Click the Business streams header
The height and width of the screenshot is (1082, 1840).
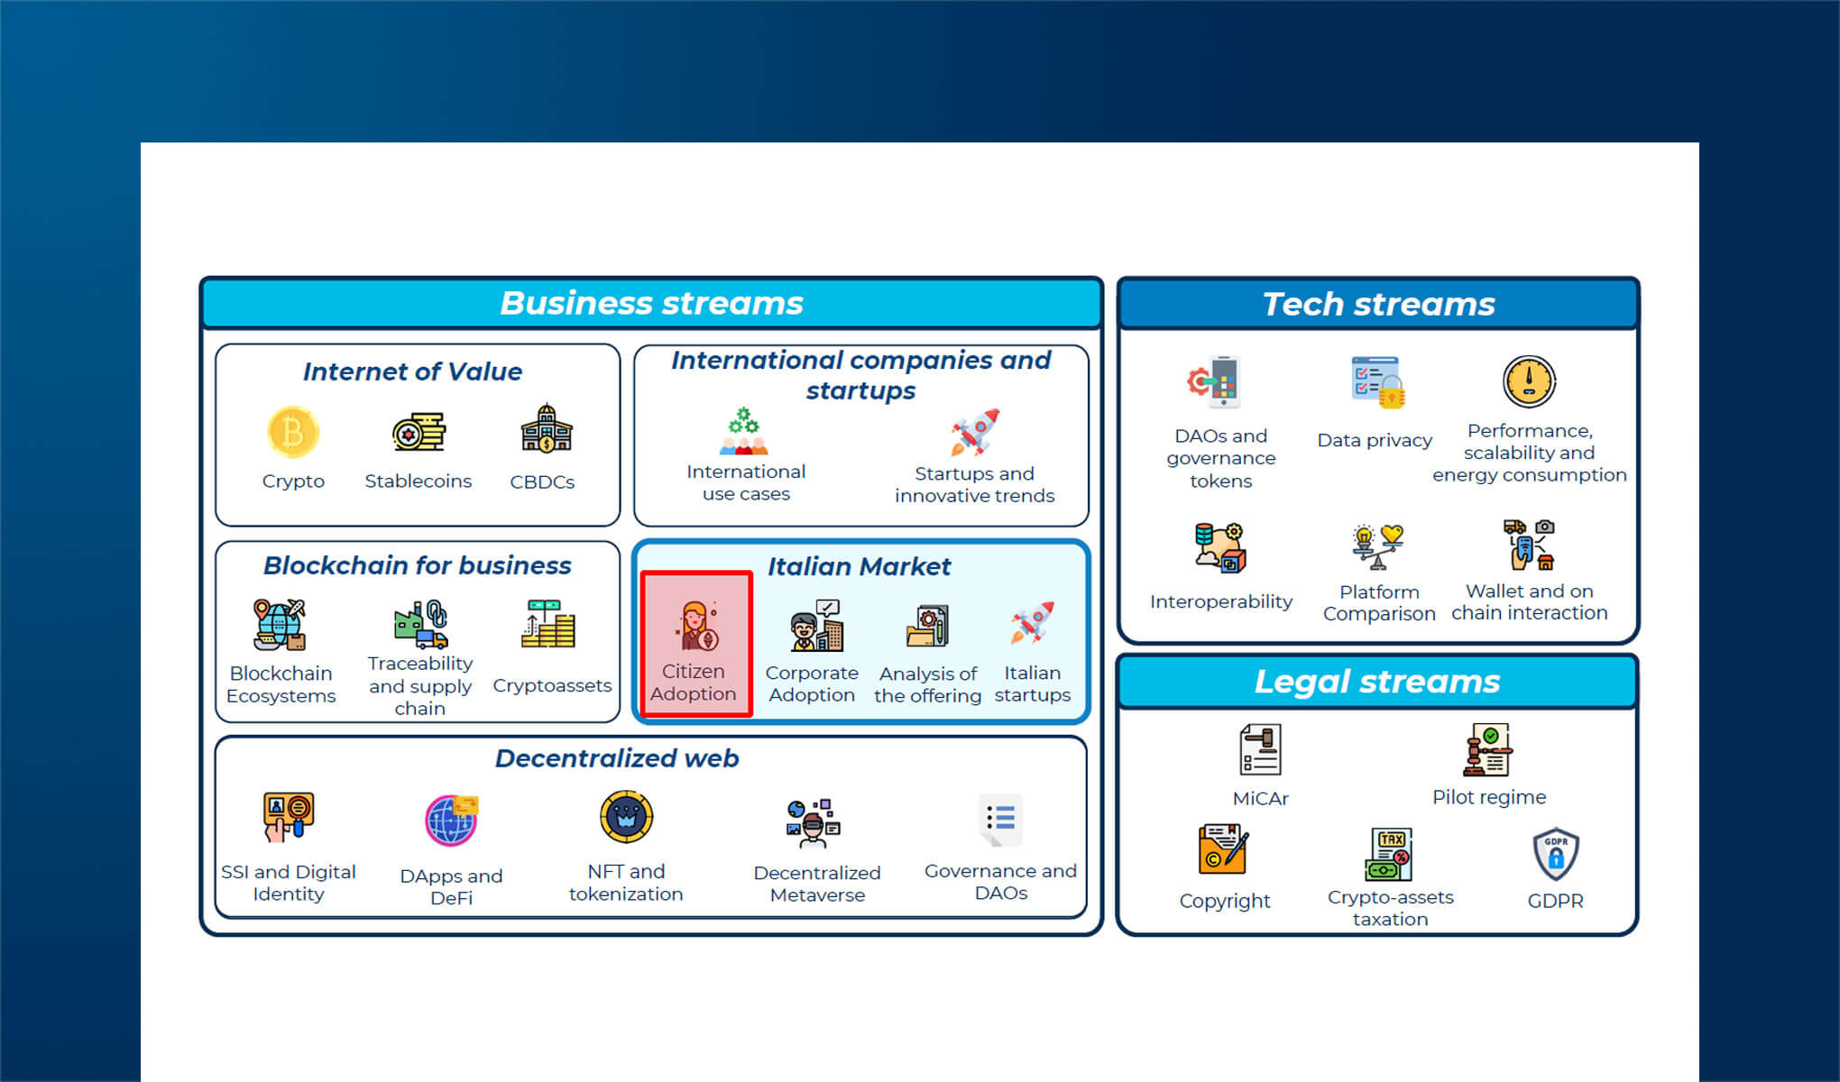pos(651,303)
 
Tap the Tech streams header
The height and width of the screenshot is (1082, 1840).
pos(1378,304)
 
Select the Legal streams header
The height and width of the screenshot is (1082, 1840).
pos(1377,682)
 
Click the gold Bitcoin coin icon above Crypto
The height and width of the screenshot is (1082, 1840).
pos(293,431)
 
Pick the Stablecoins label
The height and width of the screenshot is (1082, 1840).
pos(418,481)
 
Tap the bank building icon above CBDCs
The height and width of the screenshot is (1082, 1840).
pos(546,428)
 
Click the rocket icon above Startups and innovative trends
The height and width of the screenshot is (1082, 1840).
pos(975,432)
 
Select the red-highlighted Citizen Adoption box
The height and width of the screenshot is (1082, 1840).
pos(695,644)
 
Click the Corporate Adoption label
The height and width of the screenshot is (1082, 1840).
pos(812,683)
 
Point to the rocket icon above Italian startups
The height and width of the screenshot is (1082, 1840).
pos(1033,622)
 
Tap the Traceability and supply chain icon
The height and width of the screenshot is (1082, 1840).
pos(420,624)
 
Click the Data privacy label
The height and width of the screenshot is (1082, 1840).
pos(1375,440)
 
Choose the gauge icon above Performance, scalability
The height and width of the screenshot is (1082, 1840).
pos(1529,381)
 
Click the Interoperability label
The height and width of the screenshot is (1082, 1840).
pos(1221,601)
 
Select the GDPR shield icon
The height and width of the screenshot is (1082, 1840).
pos(1556,854)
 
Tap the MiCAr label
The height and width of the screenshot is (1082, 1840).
pos(1261,798)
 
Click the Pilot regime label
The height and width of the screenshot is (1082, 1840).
pos(1489,797)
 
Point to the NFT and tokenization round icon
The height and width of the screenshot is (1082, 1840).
pos(626,817)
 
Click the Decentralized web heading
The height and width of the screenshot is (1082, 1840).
pos(617,758)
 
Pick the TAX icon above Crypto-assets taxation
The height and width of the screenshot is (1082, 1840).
pos(1389,854)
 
